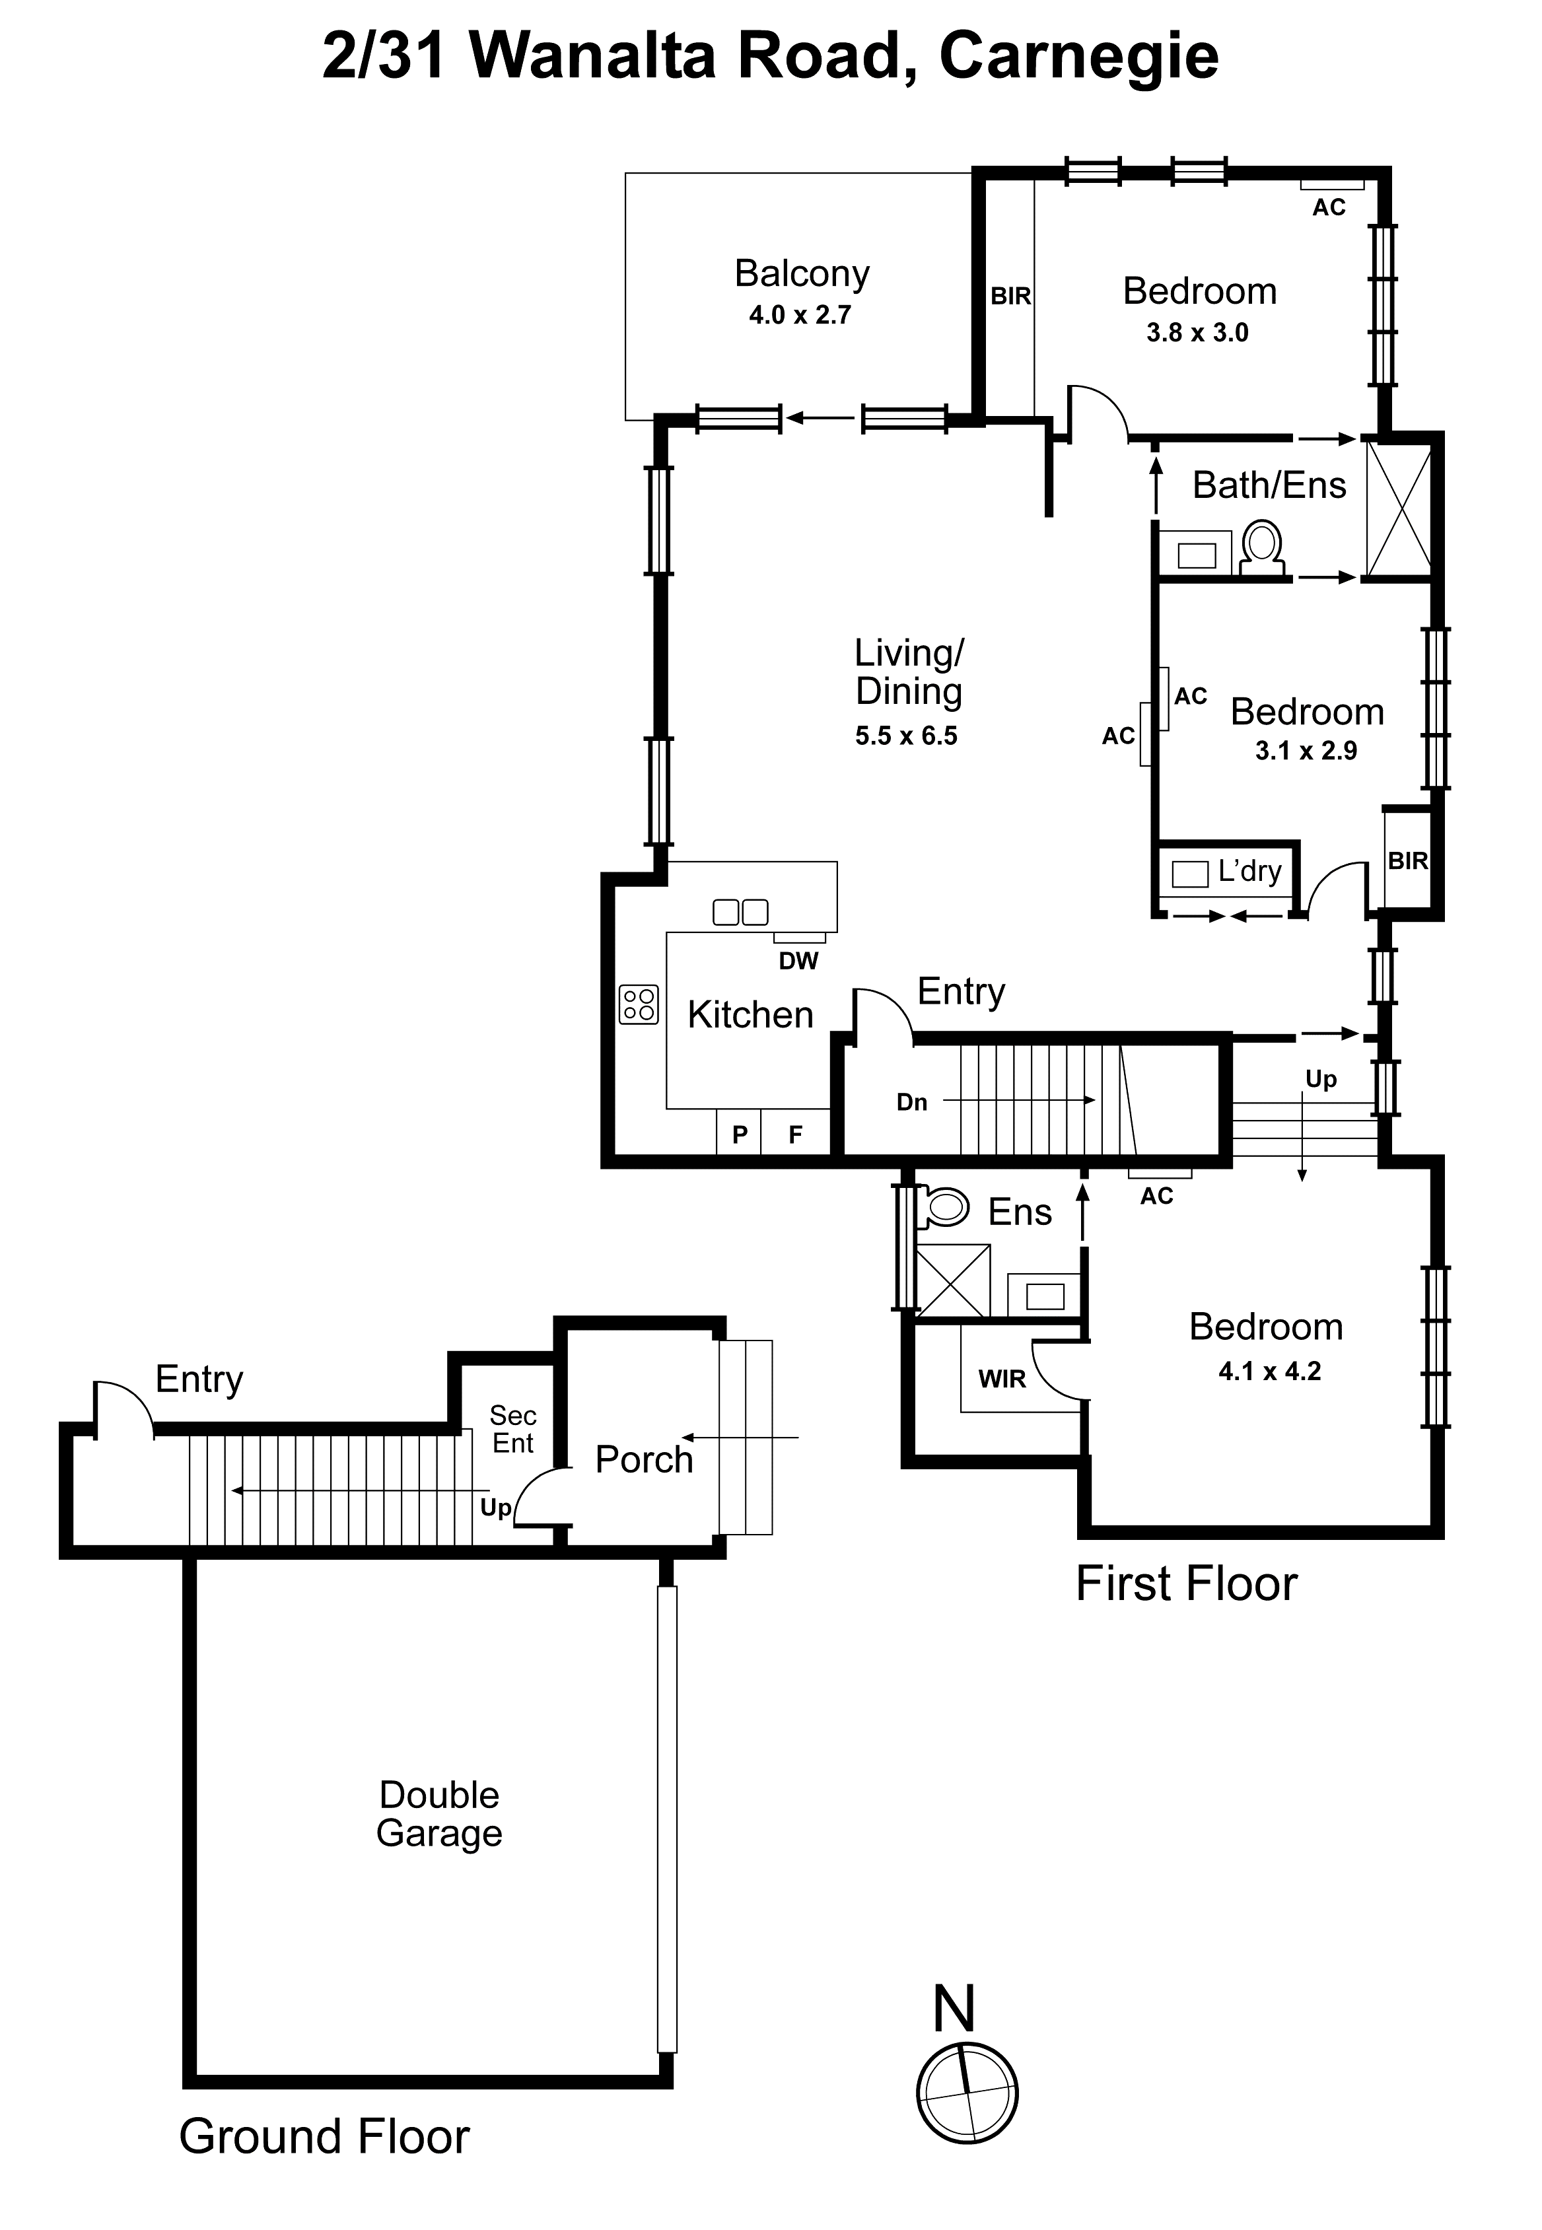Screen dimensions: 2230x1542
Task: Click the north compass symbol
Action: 966,2093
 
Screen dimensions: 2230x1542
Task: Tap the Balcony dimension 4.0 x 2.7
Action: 799,315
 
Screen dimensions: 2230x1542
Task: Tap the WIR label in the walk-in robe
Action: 1002,1379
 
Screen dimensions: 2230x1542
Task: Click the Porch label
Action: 643,1459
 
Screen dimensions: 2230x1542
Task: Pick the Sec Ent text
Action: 512,1429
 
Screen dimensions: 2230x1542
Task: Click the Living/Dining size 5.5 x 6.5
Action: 905,736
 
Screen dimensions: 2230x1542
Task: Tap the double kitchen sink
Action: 740,911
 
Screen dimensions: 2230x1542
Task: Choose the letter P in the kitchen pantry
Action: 740,1134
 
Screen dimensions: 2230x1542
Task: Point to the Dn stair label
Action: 911,1102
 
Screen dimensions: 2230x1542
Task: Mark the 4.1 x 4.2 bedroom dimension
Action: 1269,1371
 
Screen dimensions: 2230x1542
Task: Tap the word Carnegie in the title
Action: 1078,56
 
